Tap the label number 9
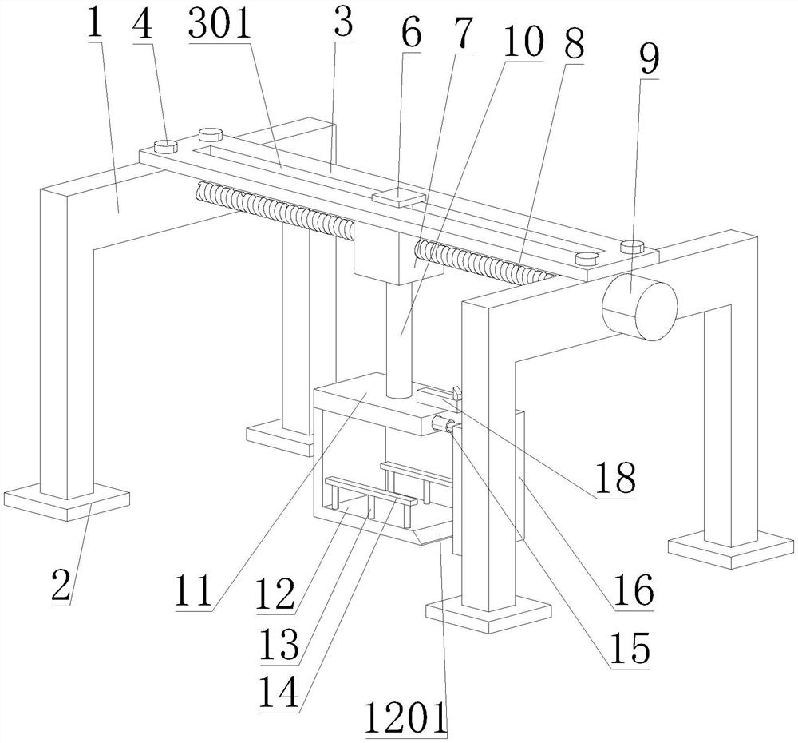[651, 60]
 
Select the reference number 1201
[408, 717]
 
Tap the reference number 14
[281, 693]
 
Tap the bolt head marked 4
[165, 145]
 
